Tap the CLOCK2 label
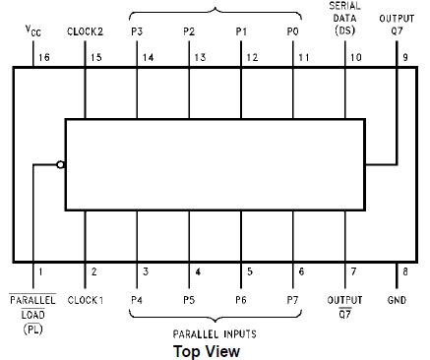tap(85, 31)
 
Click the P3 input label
tap(137, 31)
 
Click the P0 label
tap(292, 31)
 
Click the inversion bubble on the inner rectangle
tap(61, 164)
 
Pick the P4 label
tap(137, 299)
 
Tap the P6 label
tap(241, 299)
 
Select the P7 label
tap(292, 299)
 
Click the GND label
tap(397, 299)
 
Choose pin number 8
tap(404, 271)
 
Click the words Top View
tap(206, 349)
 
